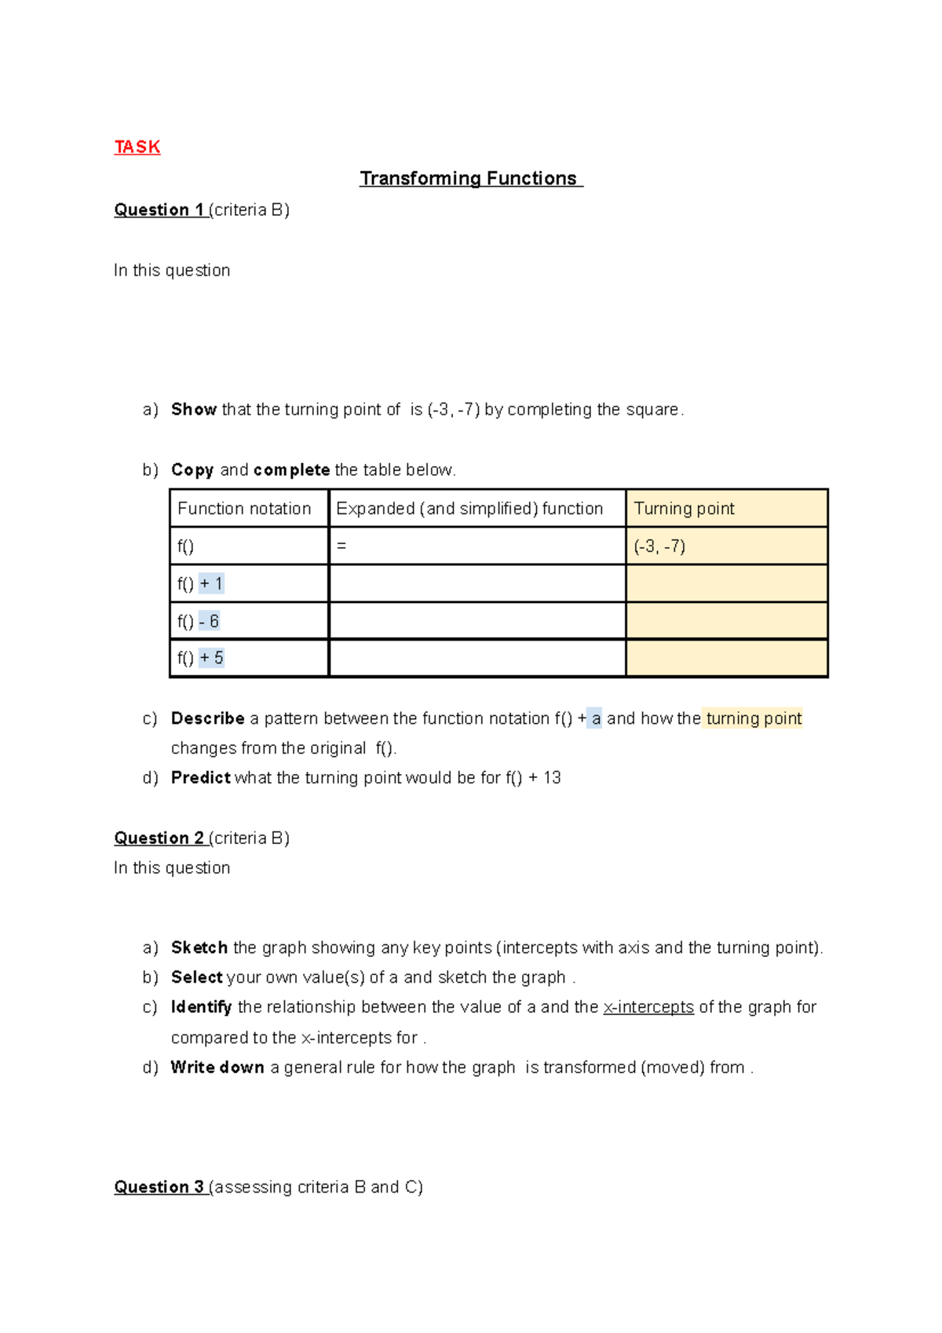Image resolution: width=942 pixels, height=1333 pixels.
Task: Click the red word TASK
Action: click(137, 148)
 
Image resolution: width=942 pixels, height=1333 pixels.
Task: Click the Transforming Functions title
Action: click(470, 179)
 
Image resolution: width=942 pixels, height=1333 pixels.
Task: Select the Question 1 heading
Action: click(160, 210)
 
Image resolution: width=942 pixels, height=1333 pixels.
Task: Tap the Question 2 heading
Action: click(160, 838)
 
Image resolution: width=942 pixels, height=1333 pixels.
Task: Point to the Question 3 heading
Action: click(160, 1187)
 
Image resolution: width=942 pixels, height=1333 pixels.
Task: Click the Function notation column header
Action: click(244, 509)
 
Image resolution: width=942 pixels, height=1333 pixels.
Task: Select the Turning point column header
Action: click(684, 509)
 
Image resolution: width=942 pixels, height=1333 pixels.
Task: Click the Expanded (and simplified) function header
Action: click(469, 509)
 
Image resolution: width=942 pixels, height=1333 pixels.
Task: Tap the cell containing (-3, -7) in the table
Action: click(659, 546)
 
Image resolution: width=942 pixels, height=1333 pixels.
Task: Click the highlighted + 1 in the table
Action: click(211, 583)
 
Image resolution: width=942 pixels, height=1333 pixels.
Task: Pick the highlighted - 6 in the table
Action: click(209, 621)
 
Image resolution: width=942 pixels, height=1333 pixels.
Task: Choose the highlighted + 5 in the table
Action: click(211, 658)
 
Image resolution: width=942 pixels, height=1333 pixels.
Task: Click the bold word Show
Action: click(194, 410)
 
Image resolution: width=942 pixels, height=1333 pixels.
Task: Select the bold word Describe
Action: click(208, 718)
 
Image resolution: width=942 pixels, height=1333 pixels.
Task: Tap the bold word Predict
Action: click(201, 778)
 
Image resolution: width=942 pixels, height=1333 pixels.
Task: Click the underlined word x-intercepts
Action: click(648, 1007)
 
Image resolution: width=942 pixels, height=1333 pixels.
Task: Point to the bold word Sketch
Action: click(199, 948)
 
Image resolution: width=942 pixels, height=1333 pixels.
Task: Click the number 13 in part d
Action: click(552, 778)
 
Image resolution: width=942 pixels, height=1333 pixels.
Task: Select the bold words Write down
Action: click(217, 1068)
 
